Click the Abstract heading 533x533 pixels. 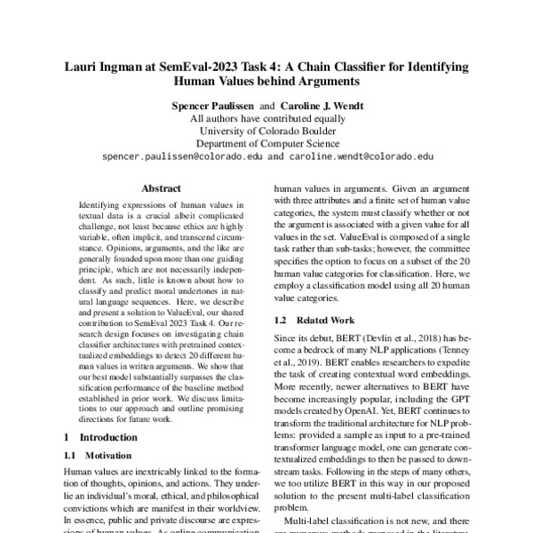coord(161,189)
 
